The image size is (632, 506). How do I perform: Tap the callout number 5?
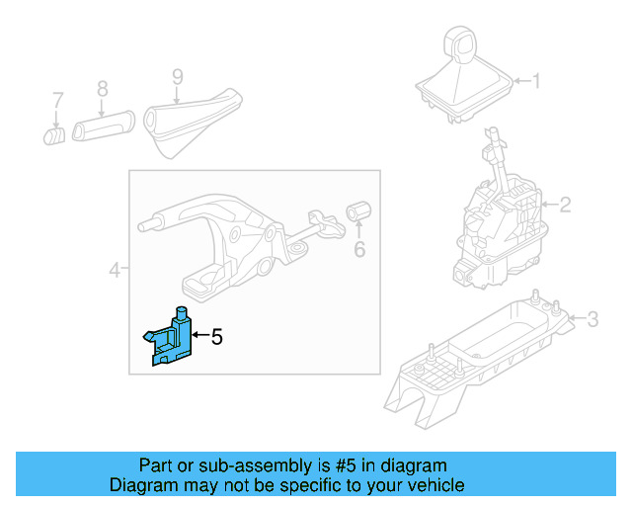click(x=217, y=337)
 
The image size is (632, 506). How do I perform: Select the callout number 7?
click(x=58, y=100)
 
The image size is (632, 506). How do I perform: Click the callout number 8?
click(x=102, y=89)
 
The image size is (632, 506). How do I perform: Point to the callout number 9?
click(x=178, y=75)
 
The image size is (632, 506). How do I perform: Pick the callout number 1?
click(x=537, y=81)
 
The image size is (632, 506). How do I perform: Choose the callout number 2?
click(x=565, y=206)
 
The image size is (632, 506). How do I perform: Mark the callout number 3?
click(x=592, y=318)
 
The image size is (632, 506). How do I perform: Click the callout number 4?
click(x=115, y=269)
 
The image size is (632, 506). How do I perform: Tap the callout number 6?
click(x=359, y=250)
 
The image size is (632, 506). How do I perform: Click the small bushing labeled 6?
click(x=359, y=212)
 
